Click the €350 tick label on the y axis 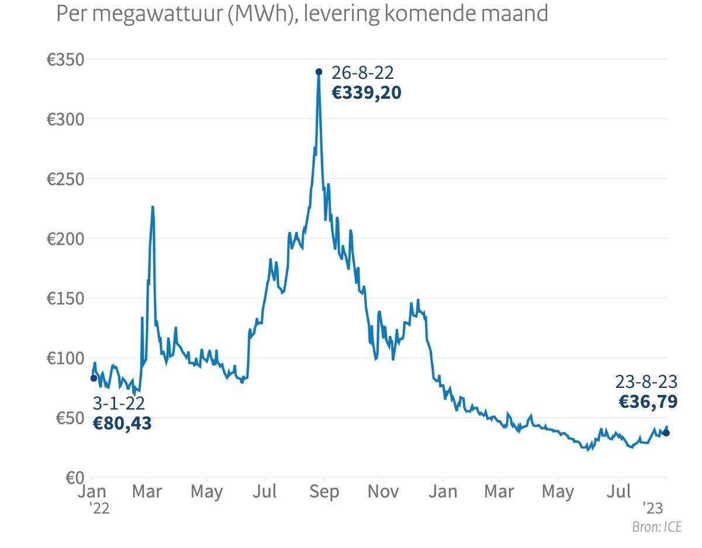[x=65, y=60]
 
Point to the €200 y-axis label [x=65, y=239]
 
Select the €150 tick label [x=65, y=299]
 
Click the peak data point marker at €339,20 [x=319, y=72]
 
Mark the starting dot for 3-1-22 [x=94, y=378]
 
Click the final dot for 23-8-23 [x=666, y=432]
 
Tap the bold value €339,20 [x=366, y=93]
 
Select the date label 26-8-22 [x=362, y=73]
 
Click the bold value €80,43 [x=122, y=423]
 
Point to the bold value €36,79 [x=648, y=401]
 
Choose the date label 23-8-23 [x=646, y=382]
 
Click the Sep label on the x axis [x=324, y=491]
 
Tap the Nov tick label [x=383, y=491]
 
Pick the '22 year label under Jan [x=99, y=508]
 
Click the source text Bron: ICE [x=656, y=527]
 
